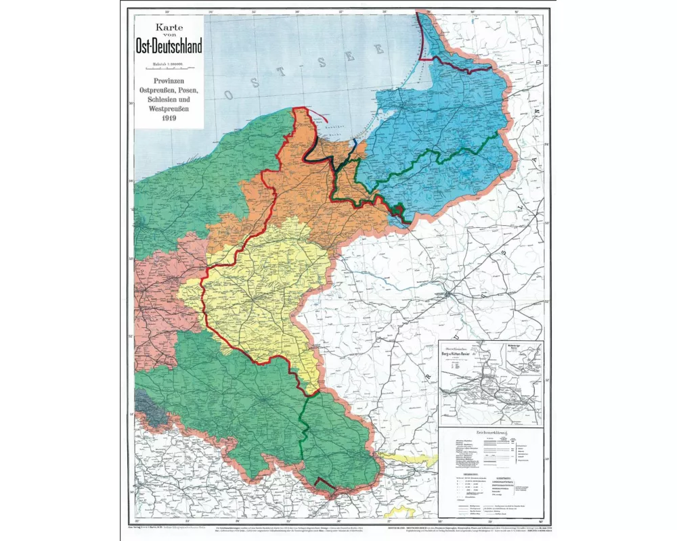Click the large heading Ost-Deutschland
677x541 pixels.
[x=168, y=46]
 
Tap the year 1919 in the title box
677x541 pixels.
[x=169, y=118]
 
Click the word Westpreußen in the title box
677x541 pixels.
[x=169, y=108]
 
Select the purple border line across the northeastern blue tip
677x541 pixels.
[x=460, y=64]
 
